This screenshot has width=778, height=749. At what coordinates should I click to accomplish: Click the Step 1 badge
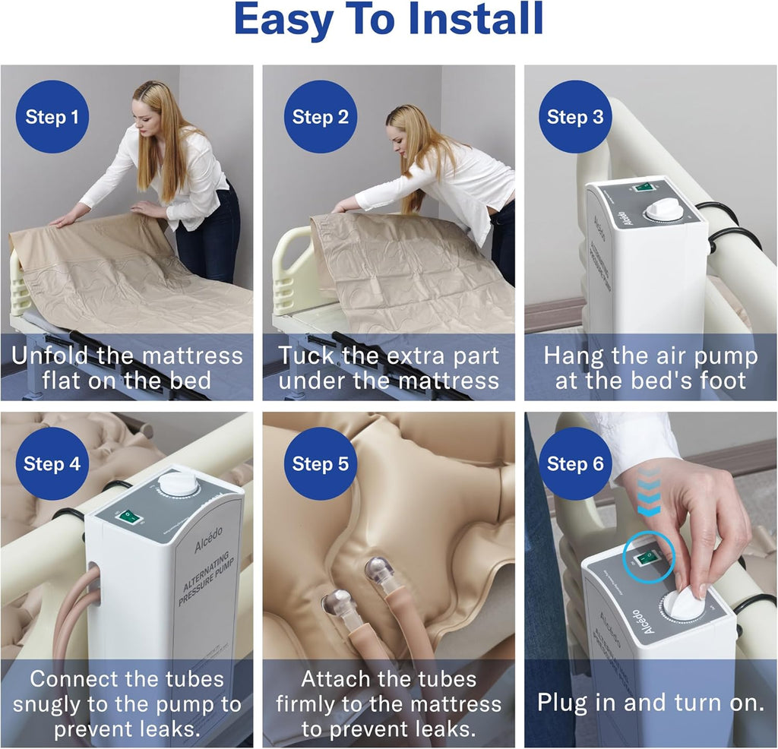(52, 117)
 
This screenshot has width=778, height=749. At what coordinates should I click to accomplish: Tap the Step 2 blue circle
(320, 117)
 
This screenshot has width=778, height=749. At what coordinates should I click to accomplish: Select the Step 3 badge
(575, 117)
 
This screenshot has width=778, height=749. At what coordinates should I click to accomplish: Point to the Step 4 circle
(52, 464)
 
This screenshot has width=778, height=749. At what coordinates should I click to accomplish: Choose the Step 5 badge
(320, 464)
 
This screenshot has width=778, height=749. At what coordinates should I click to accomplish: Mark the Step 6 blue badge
(575, 464)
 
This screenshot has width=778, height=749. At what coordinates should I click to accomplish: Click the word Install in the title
(476, 21)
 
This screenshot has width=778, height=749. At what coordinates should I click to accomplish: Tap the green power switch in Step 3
(645, 187)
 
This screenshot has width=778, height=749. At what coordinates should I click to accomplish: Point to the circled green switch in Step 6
(647, 558)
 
